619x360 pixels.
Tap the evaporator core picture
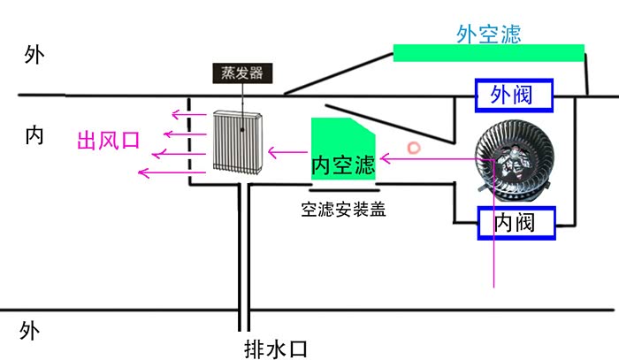pyautogui.click(x=236, y=142)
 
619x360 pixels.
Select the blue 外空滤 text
pyautogui.click(x=488, y=34)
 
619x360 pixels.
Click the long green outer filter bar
pyautogui.click(x=488, y=53)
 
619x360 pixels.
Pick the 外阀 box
pyautogui.click(x=515, y=95)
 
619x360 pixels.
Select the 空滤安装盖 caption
pyautogui.click(x=343, y=210)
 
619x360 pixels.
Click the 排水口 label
pyautogui.click(x=275, y=348)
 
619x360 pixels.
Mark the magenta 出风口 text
pyautogui.click(x=109, y=141)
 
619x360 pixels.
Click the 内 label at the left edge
pyautogui.click(x=34, y=136)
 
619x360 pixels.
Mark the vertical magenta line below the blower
pyautogui.click(x=493, y=248)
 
